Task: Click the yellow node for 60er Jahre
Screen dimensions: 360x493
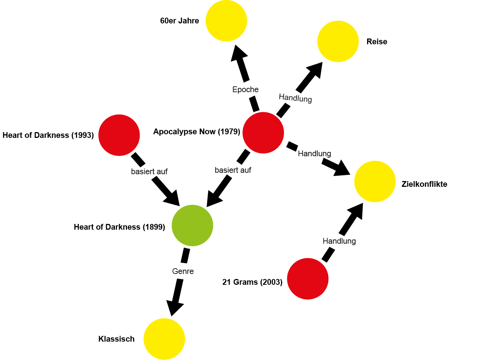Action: (x=226, y=21)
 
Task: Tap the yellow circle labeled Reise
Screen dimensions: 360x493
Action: (x=338, y=41)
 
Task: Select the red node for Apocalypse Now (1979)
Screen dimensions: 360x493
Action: (x=263, y=133)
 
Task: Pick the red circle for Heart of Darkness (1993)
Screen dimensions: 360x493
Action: (x=119, y=135)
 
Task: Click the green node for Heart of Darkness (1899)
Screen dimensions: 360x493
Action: (x=193, y=225)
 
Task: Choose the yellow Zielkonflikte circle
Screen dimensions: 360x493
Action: (x=375, y=181)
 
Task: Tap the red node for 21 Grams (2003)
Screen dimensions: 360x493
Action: (x=308, y=279)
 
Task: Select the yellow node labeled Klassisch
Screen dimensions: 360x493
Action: (x=164, y=339)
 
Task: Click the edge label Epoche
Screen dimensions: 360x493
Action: (x=245, y=90)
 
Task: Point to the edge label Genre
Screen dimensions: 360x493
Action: (x=183, y=271)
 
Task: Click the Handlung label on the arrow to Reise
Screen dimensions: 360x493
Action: (x=295, y=98)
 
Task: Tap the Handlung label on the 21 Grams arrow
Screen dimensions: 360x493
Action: (x=339, y=241)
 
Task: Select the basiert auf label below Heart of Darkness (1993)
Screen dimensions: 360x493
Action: (x=149, y=172)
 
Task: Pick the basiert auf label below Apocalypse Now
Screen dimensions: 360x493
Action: (x=233, y=170)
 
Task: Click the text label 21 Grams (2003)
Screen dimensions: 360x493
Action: (x=252, y=282)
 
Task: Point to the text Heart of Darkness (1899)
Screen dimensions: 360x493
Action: (x=119, y=227)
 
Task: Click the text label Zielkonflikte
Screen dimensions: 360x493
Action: (x=424, y=184)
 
